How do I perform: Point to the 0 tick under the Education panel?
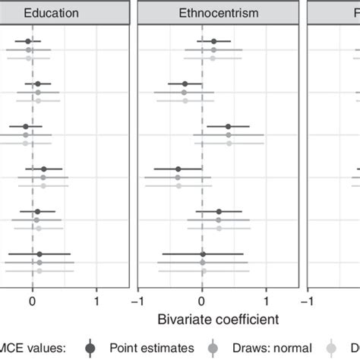click(32, 300)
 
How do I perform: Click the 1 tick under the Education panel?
click(96, 300)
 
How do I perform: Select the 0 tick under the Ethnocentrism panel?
click(202, 300)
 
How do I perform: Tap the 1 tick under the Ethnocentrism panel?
click(267, 300)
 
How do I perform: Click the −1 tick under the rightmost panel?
click(307, 300)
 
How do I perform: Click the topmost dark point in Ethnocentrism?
click(214, 41)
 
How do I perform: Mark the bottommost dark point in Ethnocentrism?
click(203, 254)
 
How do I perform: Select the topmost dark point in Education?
click(28, 41)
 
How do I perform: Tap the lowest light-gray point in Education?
click(39, 270)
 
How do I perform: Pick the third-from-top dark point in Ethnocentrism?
click(228, 126)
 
